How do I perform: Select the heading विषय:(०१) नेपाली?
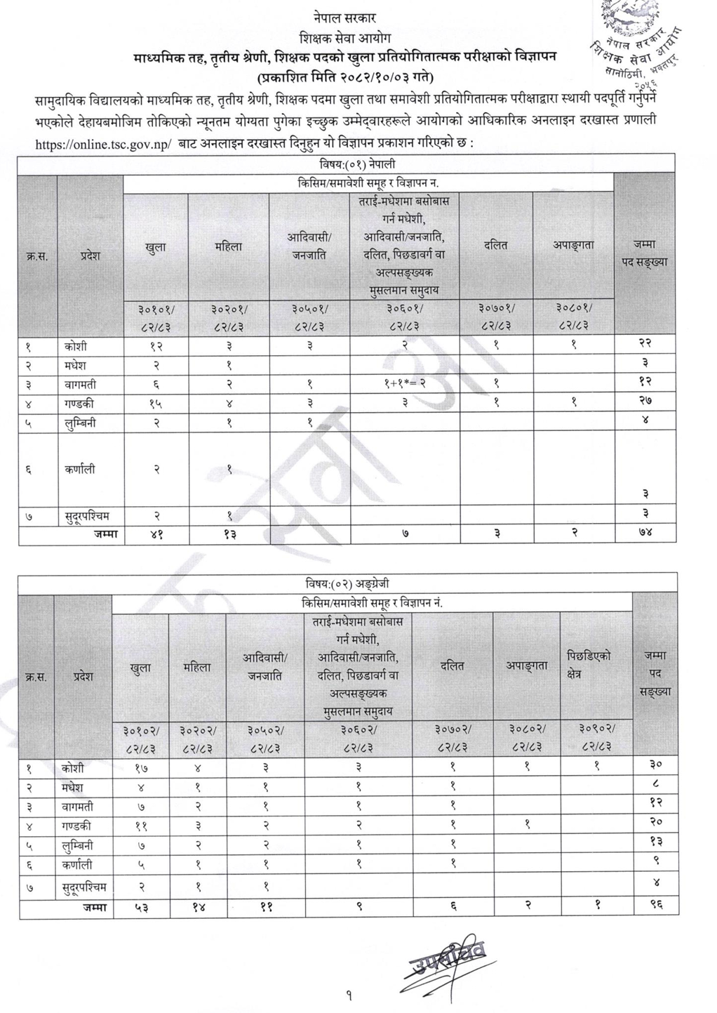(347, 164)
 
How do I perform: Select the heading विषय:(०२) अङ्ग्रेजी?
(347, 583)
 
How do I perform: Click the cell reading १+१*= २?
(405, 385)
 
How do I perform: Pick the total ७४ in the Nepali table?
(645, 534)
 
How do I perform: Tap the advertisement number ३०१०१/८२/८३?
(156, 317)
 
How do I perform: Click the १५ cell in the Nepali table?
(156, 404)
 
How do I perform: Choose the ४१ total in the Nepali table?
(156, 534)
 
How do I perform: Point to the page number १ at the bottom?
(349, 995)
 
